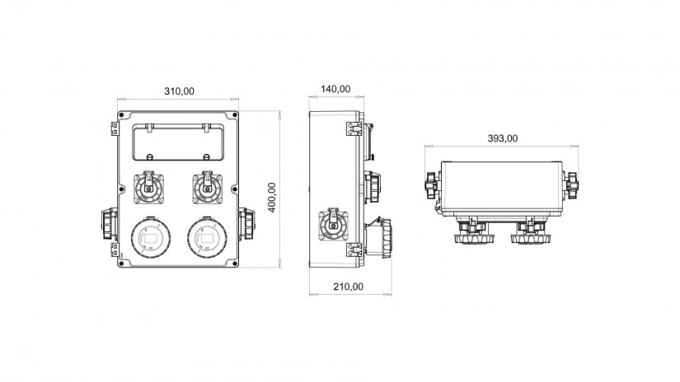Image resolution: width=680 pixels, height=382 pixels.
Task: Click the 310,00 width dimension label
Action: (x=179, y=91)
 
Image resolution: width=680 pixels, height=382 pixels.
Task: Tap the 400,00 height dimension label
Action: (x=272, y=197)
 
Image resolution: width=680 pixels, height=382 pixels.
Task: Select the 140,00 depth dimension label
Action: (x=335, y=89)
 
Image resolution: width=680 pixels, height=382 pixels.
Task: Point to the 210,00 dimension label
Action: (x=348, y=286)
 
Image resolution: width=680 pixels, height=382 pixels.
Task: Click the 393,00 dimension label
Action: (x=503, y=138)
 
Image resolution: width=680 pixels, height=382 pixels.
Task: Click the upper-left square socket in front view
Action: (x=148, y=188)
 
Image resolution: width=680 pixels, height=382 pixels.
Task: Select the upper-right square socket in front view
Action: (x=207, y=188)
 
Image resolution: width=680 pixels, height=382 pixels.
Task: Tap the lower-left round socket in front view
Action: (x=151, y=237)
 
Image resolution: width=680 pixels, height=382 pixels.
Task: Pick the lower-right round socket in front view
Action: (x=207, y=237)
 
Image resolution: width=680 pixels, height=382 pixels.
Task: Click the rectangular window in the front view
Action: (x=178, y=143)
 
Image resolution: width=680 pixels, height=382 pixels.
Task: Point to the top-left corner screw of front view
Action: (x=121, y=114)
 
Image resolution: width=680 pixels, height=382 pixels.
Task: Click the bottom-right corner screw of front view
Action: (x=235, y=263)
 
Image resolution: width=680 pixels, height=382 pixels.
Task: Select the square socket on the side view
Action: (x=334, y=226)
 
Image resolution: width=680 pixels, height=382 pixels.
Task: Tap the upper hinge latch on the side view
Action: (x=354, y=128)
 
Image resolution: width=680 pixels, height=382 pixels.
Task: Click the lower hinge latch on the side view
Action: (x=354, y=249)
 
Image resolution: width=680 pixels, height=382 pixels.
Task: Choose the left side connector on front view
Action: (x=110, y=223)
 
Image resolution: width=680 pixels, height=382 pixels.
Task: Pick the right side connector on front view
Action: (x=246, y=223)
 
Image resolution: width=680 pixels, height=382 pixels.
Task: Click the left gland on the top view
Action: (x=433, y=185)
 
